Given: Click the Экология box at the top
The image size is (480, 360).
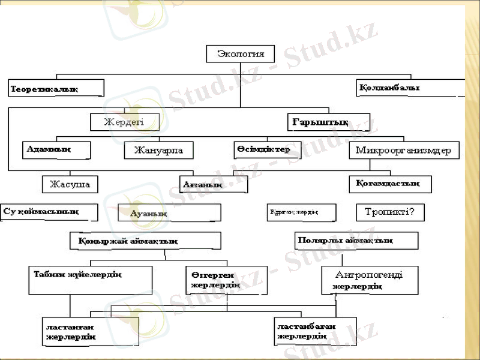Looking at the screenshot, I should tap(240, 53).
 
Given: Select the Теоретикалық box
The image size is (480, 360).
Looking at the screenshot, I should tap(56, 88).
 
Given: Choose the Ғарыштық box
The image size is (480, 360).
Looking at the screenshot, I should tap(328, 122).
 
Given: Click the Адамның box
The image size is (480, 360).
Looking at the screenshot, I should tap(56, 149).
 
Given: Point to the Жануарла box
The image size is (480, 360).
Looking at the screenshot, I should tap(158, 150).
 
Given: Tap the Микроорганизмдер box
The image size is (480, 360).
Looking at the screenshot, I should tap(404, 150).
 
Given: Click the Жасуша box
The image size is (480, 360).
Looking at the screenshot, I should tap(70, 184).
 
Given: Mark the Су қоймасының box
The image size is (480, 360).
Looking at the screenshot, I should tap(49, 212).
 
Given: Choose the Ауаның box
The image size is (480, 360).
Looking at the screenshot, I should tap(169, 213).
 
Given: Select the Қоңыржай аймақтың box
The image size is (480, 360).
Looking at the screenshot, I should tap(145, 241).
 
